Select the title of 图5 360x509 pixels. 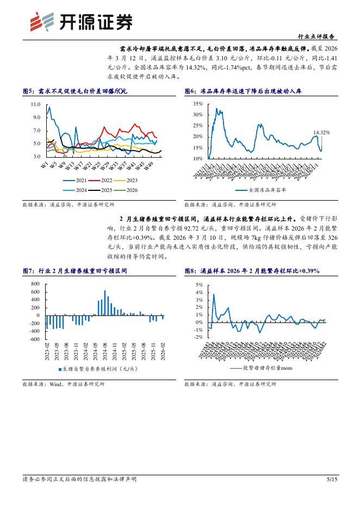point(75,91)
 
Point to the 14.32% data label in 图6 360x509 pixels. point(322,132)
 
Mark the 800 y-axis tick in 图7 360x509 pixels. point(36,284)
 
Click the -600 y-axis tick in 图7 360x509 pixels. point(35,339)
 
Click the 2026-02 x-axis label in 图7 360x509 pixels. point(163,351)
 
